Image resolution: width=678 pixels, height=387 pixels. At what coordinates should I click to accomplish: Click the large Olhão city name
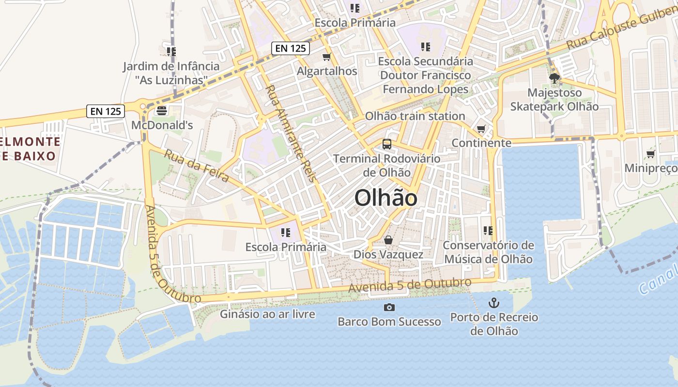(386, 198)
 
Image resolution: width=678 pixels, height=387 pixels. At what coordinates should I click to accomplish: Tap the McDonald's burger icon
(161, 111)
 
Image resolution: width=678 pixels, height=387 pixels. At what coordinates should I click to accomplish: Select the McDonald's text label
(162, 125)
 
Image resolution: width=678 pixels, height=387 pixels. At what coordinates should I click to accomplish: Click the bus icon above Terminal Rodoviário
(386, 144)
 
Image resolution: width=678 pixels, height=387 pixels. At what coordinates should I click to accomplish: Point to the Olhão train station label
(415, 116)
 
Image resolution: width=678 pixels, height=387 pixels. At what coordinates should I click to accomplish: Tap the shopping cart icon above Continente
(481, 129)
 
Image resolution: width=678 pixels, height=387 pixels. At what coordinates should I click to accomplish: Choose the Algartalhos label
(327, 71)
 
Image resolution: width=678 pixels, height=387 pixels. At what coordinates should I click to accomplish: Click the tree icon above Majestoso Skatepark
(555, 78)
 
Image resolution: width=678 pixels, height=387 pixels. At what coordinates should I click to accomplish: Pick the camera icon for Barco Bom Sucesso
(389, 307)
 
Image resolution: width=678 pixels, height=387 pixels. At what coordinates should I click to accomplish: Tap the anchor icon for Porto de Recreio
(493, 303)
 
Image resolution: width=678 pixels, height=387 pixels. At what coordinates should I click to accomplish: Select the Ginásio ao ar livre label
(268, 314)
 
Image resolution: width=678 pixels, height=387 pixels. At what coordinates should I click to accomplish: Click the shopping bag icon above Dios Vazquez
(388, 240)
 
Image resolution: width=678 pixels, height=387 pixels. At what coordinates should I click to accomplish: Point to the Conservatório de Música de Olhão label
(488, 252)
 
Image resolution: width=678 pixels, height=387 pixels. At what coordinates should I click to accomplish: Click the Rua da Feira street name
(197, 165)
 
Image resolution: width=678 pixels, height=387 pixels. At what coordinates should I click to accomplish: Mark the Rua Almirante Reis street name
(291, 134)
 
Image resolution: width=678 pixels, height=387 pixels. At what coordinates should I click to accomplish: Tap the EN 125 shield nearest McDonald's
(106, 111)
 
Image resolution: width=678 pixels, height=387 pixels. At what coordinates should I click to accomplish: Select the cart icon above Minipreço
(650, 154)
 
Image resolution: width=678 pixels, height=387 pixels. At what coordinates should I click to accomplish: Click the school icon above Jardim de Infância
(170, 51)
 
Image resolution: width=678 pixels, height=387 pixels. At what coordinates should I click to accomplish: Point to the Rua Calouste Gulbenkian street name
(622, 29)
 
